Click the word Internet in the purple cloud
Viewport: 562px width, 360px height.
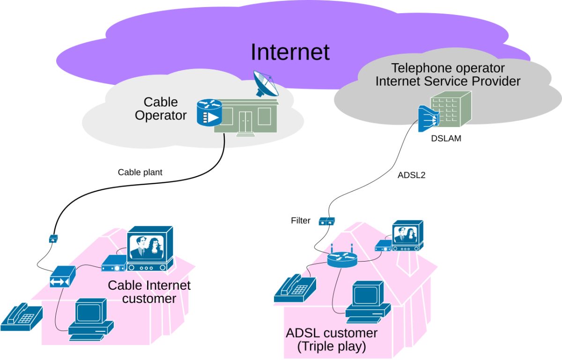coord(290,52)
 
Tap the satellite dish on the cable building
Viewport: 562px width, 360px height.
coord(266,83)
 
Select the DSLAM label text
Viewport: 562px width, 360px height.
coord(446,138)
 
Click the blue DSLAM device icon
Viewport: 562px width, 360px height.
coord(428,119)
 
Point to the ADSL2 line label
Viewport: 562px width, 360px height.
coord(412,175)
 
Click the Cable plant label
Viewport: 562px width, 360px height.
coord(140,172)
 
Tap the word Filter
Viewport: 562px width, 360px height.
coord(301,220)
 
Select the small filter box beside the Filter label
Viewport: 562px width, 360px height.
coord(327,221)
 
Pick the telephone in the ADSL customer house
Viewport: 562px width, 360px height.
coord(295,288)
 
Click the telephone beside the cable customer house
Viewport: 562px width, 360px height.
coord(22,317)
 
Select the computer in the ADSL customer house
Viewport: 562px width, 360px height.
coord(368,302)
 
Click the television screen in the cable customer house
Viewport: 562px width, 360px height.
coord(147,247)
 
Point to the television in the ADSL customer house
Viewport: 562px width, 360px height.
coord(408,236)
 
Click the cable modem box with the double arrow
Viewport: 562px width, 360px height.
coord(63,277)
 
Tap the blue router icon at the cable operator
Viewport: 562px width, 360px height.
coord(209,112)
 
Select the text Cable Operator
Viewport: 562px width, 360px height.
coord(161,109)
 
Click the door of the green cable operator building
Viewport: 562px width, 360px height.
coord(245,122)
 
